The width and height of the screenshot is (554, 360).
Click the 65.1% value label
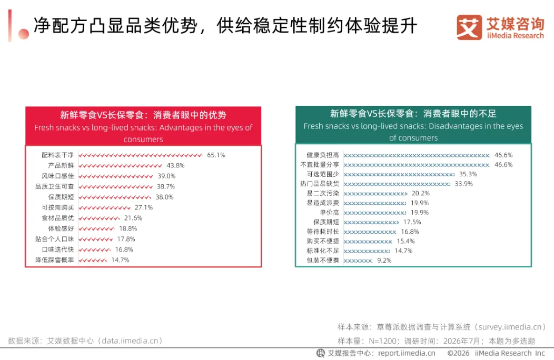(x=216, y=155)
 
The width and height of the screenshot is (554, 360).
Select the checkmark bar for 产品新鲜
(x=121, y=166)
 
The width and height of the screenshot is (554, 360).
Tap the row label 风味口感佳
(x=57, y=176)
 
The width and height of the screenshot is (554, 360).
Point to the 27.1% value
(x=143, y=207)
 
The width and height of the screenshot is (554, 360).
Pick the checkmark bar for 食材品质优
(x=100, y=218)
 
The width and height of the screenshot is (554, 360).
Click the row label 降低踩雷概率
(x=54, y=260)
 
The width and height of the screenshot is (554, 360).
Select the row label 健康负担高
(x=323, y=155)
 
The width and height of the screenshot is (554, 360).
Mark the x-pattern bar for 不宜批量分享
(x=417, y=165)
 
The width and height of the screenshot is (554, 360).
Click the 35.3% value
(x=468, y=174)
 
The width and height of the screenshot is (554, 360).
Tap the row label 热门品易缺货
(x=320, y=184)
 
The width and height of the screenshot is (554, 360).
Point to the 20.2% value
(x=420, y=193)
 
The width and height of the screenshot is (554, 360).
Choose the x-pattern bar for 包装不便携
(x=358, y=261)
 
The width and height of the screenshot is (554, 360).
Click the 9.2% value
(x=384, y=261)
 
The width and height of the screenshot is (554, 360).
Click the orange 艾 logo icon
(x=469, y=27)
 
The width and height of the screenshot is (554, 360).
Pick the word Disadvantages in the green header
(x=456, y=126)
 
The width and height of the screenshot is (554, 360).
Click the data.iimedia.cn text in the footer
(x=130, y=341)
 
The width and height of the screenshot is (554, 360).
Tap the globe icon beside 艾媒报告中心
(x=321, y=353)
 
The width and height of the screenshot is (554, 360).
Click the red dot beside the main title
(x=24, y=34)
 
